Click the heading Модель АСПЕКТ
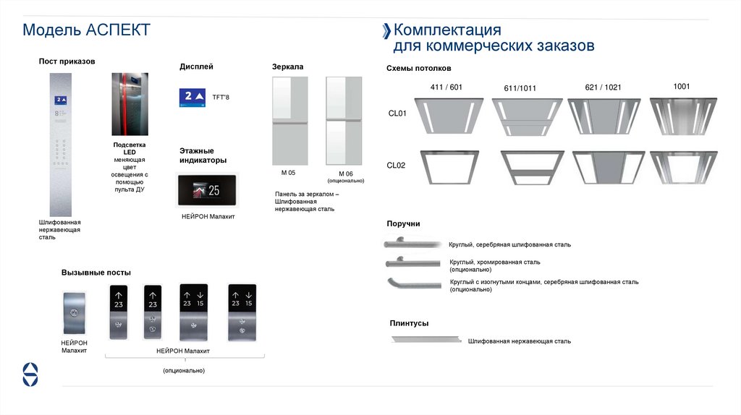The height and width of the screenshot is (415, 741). [86, 30]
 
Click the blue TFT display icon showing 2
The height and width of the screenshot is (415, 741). [193, 97]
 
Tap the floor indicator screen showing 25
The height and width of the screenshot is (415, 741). [206, 191]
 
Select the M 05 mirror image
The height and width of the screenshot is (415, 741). [289, 121]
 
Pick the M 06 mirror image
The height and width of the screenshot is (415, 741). [344, 121]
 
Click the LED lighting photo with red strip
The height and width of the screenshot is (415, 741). [130, 104]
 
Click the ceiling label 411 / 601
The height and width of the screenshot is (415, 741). [446, 87]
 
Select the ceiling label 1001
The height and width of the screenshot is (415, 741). [681, 87]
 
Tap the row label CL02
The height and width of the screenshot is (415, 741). [397, 166]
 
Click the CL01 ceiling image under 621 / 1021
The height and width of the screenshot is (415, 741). [604, 116]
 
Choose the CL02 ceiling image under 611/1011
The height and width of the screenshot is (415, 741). [527, 168]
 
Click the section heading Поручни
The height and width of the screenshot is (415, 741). [403, 224]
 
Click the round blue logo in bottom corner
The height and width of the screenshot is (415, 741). [30, 373]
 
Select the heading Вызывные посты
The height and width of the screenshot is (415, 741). [96, 273]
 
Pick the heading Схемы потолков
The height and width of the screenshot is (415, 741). [419, 69]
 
